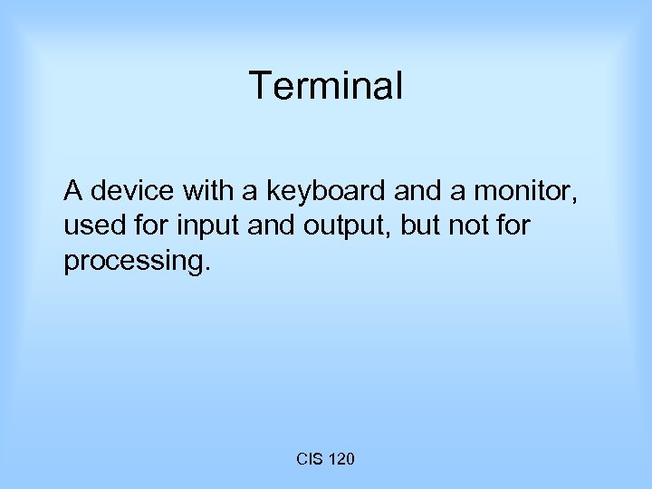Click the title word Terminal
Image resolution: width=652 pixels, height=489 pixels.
326,87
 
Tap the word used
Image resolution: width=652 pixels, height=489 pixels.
91,225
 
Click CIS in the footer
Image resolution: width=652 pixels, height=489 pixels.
308,460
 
